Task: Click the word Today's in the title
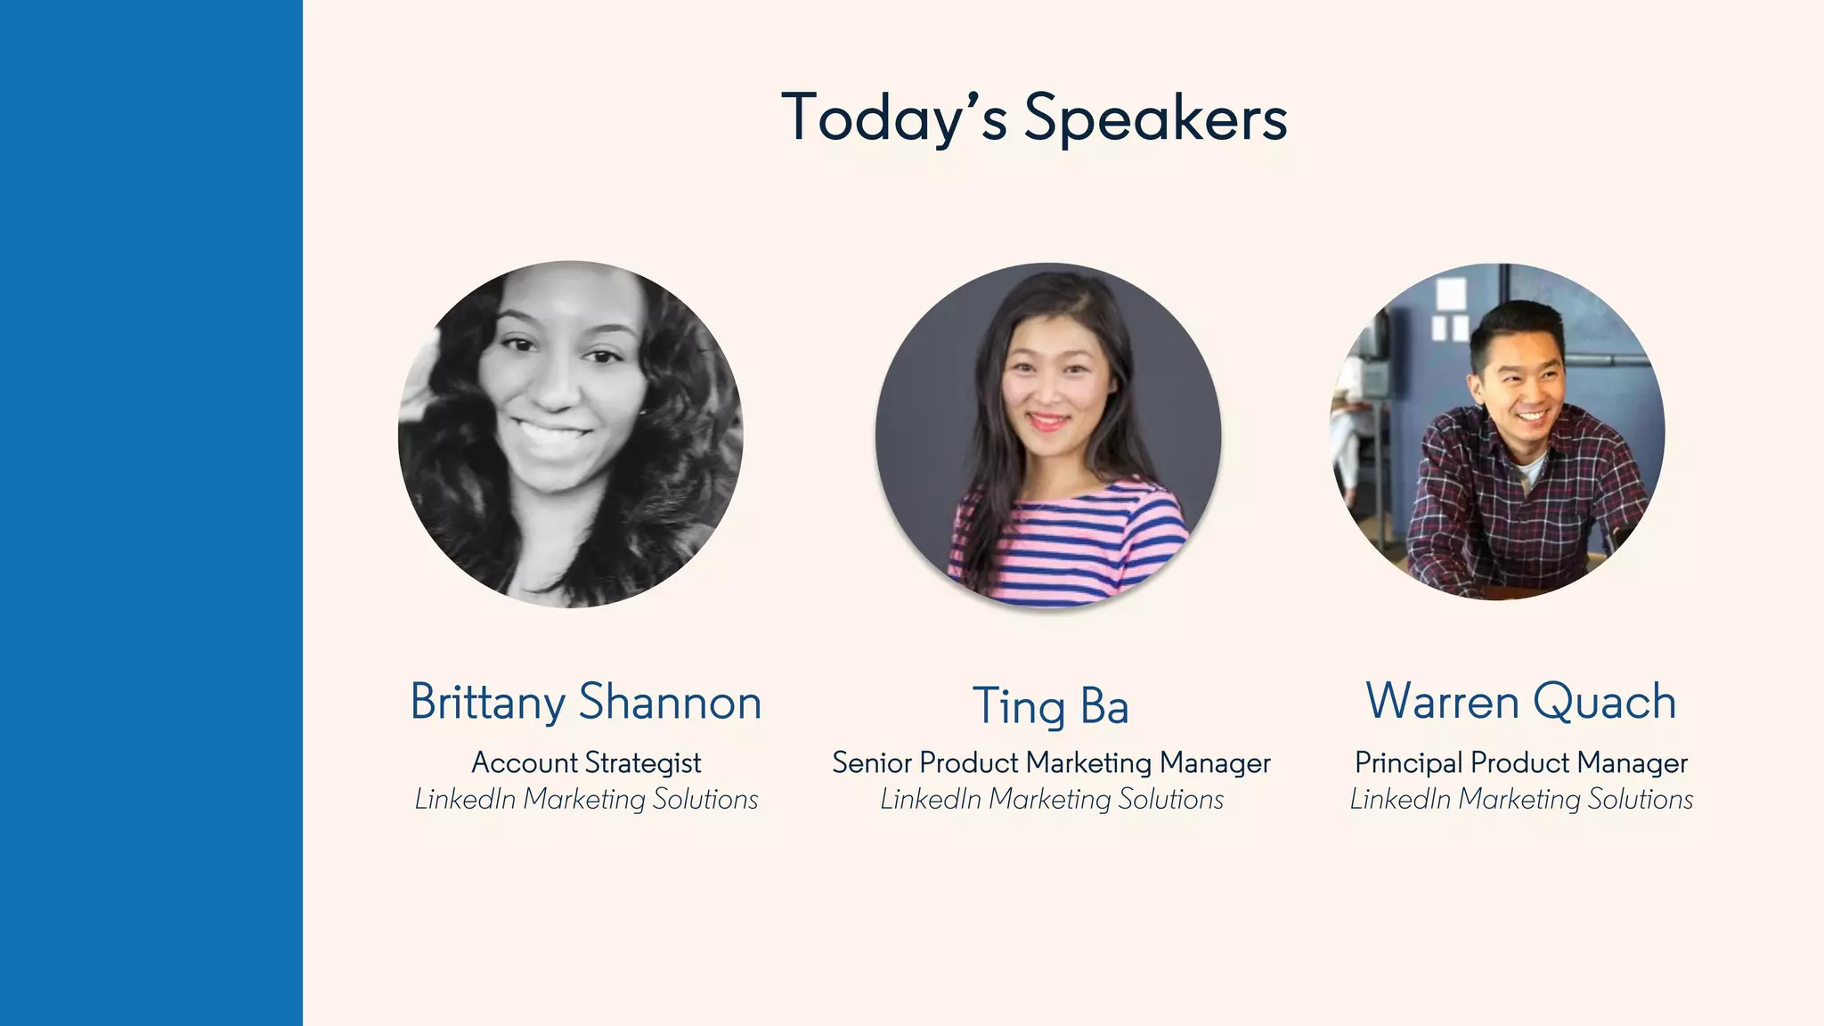point(894,118)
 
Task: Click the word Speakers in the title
point(1155,118)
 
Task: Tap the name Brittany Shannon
point(586,702)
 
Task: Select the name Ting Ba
point(1051,706)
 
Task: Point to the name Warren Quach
point(1521,701)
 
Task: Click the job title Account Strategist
point(586,763)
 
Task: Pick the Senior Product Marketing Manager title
point(1051,763)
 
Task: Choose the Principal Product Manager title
point(1521,763)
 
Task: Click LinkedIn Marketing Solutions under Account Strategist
point(586,800)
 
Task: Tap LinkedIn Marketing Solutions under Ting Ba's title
point(1052,800)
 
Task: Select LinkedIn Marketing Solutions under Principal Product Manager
point(1521,800)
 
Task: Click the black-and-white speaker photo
point(570,435)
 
